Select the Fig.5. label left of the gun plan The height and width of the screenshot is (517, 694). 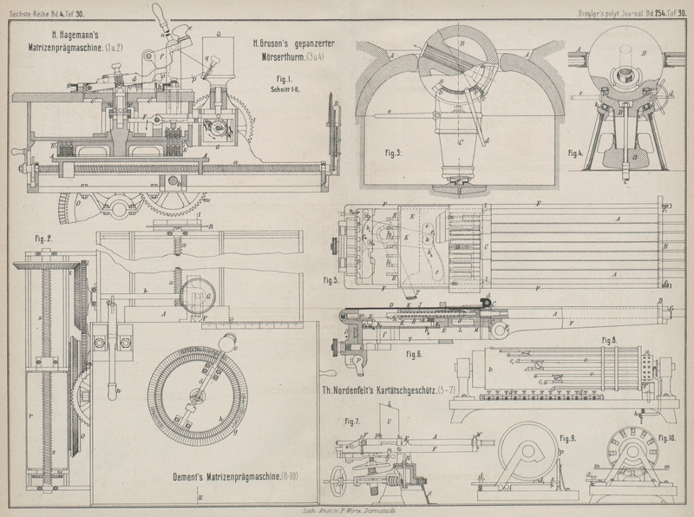coord(331,280)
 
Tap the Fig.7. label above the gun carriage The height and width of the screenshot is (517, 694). coord(351,422)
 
